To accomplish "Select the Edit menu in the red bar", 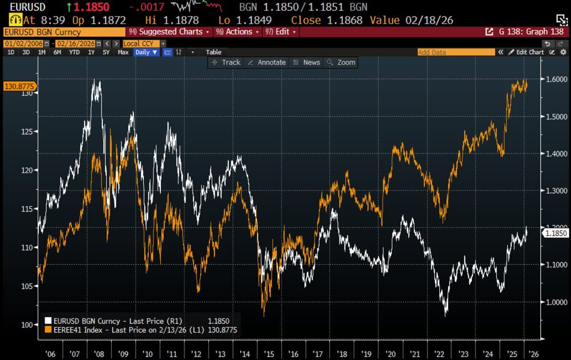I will click(280, 32).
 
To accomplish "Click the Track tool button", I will click(226, 62).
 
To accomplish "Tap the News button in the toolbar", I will click(307, 62).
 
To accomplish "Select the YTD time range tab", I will click(74, 52).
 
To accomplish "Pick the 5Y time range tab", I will click(106, 52).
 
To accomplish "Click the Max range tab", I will click(123, 52).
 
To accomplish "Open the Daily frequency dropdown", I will click(146, 52).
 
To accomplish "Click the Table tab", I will click(214, 52).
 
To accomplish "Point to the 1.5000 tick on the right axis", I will click(555, 117).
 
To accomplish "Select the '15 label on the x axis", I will click(269, 354).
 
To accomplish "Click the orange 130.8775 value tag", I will click(20, 87).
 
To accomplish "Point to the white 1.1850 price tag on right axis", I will click(555, 233).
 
